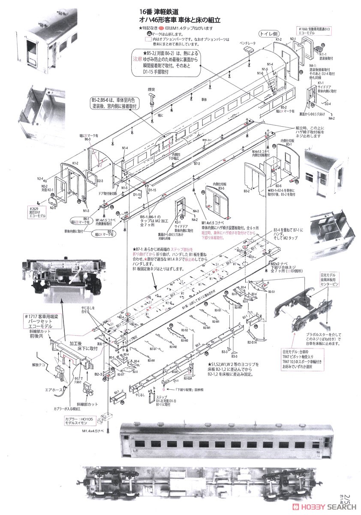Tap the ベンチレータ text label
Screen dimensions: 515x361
[248, 44]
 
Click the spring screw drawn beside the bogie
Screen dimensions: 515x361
[325, 324]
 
